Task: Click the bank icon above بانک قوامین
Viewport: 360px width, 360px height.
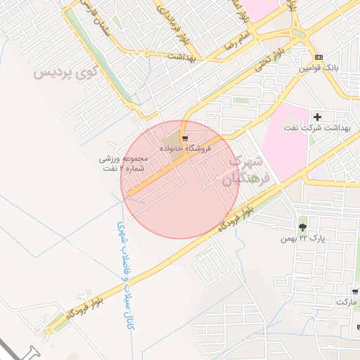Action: (319, 58)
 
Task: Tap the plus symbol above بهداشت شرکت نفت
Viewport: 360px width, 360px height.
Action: (317, 117)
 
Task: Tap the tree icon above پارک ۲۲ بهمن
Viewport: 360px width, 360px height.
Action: (302, 227)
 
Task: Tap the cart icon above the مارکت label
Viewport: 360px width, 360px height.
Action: (355, 291)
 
